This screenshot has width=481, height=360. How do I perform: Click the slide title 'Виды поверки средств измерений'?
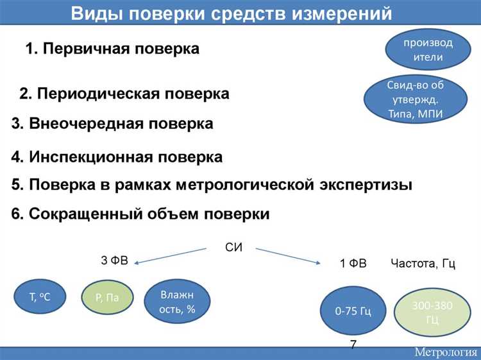[230, 13]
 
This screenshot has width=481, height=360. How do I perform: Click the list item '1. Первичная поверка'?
[112, 49]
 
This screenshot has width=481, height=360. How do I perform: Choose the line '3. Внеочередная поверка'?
[112, 123]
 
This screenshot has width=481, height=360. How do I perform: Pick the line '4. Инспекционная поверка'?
[117, 157]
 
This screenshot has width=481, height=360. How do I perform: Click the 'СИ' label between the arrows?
[234, 248]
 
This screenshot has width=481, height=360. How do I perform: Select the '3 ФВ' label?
[114, 261]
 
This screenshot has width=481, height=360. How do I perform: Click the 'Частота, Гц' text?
[423, 264]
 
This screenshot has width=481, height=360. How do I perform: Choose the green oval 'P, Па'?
[107, 296]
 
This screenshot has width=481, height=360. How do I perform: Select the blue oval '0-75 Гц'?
[353, 311]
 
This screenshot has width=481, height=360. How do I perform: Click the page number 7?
[353, 345]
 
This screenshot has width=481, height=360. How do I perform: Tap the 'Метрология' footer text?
[444, 352]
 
